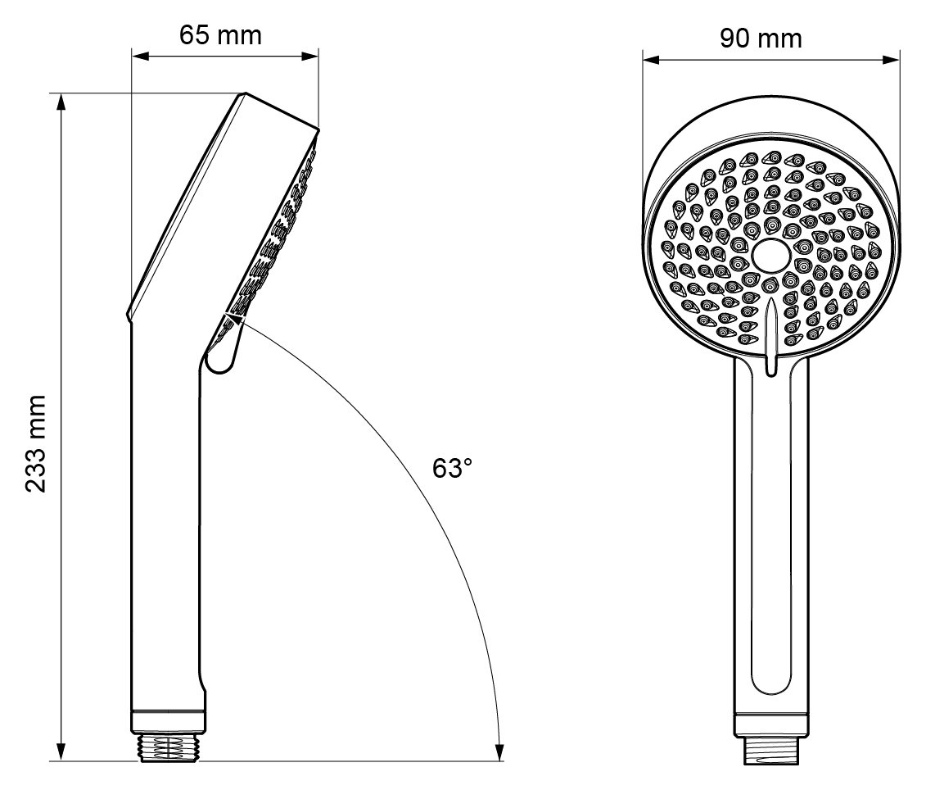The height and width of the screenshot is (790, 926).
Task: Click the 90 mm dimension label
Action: click(x=761, y=38)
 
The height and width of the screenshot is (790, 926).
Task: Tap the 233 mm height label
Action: click(x=34, y=443)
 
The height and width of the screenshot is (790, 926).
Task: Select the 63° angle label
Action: click(x=454, y=469)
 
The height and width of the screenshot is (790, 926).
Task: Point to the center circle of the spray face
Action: click(x=770, y=256)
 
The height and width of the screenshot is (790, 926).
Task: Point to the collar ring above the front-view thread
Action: click(x=770, y=725)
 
